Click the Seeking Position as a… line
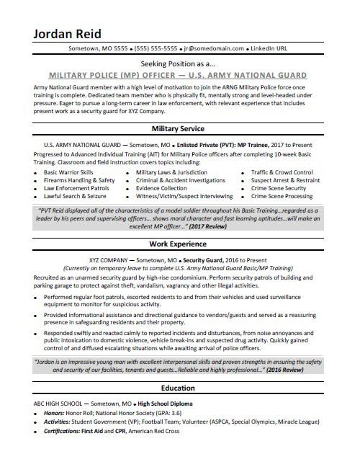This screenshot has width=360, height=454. click(x=179, y=63)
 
